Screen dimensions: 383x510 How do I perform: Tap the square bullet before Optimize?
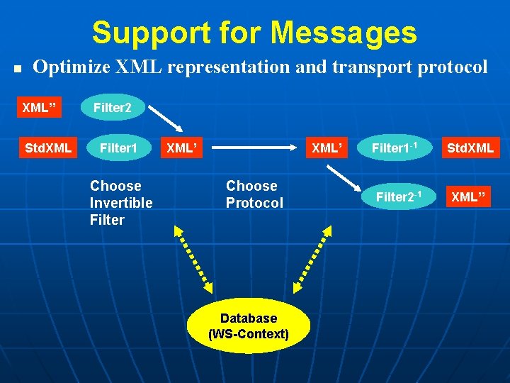click(x=18, y=70)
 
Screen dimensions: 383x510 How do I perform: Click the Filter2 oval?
click(x=113, y=108)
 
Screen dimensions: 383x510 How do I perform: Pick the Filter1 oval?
click(x=118, y=149)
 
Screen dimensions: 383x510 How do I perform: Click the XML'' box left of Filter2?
click(x=39, y=108)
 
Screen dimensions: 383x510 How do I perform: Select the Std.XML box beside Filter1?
click(x=47, y=149)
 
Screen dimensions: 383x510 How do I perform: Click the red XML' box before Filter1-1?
click(x=328, y=149)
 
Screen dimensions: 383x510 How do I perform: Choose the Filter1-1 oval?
click(x=395, y=149)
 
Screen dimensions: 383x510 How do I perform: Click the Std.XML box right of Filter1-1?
click(x=470, y=149)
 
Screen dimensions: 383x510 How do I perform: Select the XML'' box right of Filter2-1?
click(x=470, y=196)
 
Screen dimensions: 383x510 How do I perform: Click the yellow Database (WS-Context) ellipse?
click(x=248, y=326)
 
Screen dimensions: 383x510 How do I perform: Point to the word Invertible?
click(x=121, y=203)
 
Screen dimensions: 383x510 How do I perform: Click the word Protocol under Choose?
click(x=254, y=203)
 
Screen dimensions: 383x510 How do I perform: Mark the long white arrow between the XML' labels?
click(x=256, y=149)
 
